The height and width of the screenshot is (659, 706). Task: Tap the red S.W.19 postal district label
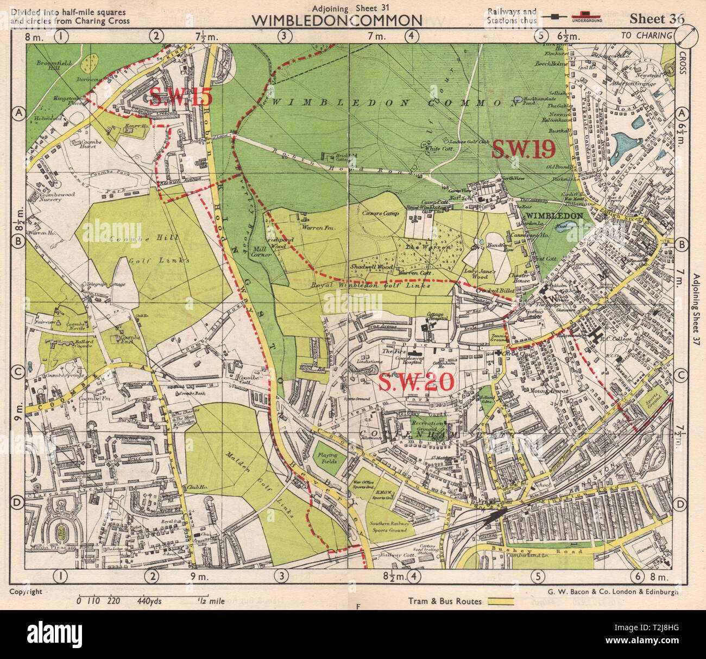(x=523, y=149)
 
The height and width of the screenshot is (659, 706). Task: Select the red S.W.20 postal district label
(x=415, y=383)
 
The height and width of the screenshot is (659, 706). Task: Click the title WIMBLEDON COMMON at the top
(x=337, y=21)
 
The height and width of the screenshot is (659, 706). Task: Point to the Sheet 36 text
(x=657, y=18)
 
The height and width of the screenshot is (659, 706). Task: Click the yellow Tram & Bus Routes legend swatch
(x=501, y=601)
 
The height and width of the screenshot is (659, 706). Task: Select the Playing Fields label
(x=327, y=458)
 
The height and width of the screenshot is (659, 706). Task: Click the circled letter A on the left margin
(x=18, y=113)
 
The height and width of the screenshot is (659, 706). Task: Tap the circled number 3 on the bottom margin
(x=282, y=576)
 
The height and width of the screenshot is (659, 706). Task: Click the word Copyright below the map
(x=26, y=592)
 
